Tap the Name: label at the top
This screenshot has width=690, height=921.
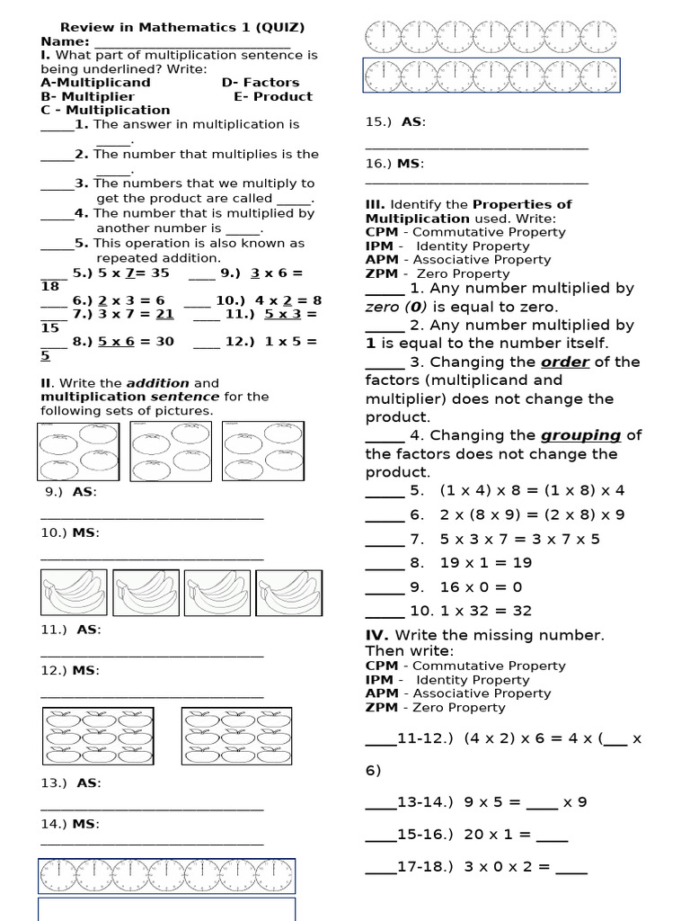point(65,41)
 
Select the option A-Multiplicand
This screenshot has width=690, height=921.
point(95,83)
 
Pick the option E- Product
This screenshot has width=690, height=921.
point(273,96)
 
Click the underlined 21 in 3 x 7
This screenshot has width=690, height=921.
point(164,314)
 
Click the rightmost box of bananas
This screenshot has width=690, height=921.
point(288,594)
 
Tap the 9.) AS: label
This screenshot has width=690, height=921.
point(71,492)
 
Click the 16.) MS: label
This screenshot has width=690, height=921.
point(394,164)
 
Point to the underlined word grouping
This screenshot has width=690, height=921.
point(580,435)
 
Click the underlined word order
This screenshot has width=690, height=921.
point(564,362)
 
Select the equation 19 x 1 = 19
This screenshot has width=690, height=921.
point(485,563)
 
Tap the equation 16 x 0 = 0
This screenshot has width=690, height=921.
point(481,587)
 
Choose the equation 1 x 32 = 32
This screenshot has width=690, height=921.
point(484,611)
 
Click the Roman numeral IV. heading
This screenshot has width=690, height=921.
point(376,635)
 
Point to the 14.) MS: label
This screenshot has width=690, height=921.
point(70,824)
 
